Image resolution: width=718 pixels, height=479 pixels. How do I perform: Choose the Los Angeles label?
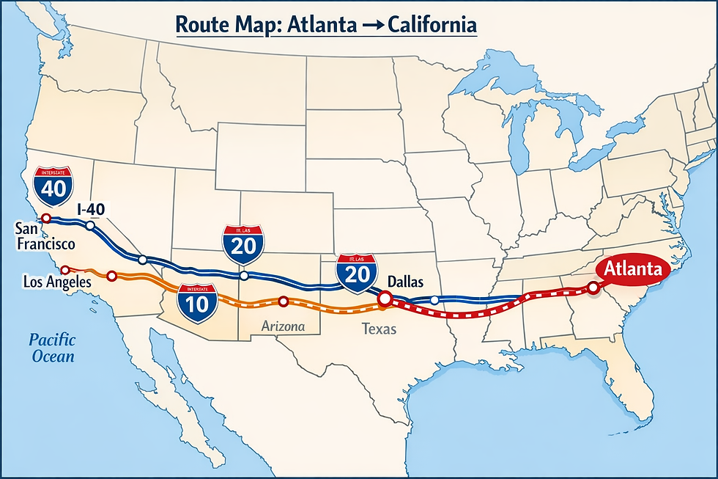click(x=56, y=282)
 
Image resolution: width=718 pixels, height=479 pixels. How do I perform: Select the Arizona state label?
click(x=284, y=326)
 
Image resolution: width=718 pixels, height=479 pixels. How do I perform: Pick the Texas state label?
click(x=380, y=329)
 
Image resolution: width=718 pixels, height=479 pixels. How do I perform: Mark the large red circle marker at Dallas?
click(x=385, y=299)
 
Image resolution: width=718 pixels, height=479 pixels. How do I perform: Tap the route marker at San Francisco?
click(x=45, y=218)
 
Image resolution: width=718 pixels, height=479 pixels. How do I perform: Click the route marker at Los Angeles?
click(x=65, y=269)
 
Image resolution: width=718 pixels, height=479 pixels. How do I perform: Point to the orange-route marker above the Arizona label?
click(x=284, y=301)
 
